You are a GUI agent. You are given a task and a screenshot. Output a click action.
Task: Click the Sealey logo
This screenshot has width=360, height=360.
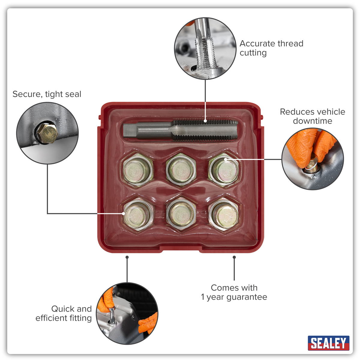click(328, 343)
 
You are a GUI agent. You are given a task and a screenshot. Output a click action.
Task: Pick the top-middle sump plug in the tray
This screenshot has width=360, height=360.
click(181, 170)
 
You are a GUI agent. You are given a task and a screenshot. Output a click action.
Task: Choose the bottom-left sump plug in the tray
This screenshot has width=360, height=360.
click(138, 214)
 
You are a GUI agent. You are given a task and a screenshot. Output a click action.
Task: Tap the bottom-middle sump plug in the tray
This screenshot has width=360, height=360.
click(181, 214)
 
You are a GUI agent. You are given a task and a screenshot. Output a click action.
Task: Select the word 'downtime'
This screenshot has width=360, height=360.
click(312, 121)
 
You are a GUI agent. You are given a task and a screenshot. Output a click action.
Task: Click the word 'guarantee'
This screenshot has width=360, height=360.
click(247, 297)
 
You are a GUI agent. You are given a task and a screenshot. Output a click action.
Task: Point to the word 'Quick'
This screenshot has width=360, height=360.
click(63, 309)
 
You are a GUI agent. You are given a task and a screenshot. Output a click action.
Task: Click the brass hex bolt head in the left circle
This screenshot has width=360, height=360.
click(47, 133)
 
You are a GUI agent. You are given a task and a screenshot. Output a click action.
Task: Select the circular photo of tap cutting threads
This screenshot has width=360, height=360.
click(205, 48)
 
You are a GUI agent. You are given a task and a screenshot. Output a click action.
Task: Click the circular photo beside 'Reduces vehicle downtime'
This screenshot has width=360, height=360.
click(312, 159)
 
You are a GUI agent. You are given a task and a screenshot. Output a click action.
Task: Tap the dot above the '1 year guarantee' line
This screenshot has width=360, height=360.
click(234, 257)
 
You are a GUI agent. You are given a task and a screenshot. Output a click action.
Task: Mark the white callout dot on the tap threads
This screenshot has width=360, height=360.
click(205, 121)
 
